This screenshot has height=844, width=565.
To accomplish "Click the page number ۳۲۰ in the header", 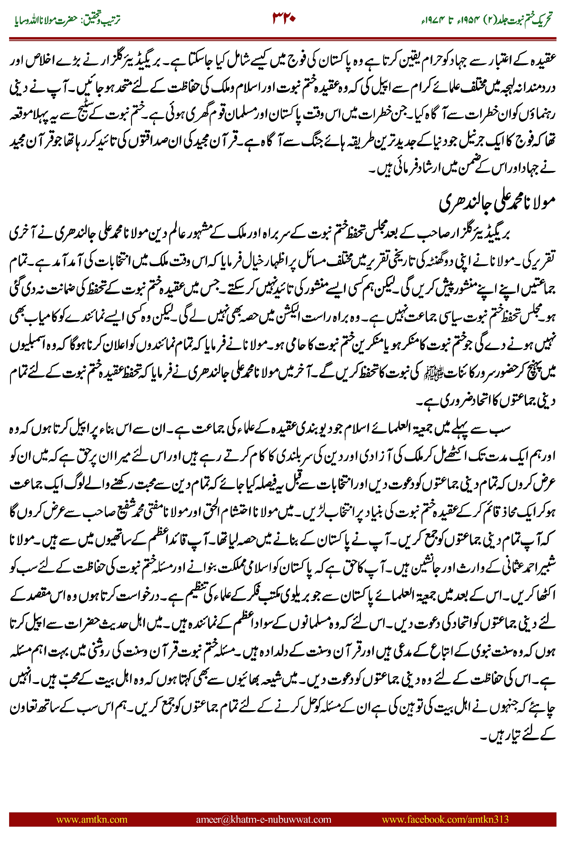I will point(284,18).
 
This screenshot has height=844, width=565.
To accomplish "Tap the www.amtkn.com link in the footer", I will point(92,819).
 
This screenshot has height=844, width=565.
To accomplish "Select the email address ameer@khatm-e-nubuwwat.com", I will point(263,819).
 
